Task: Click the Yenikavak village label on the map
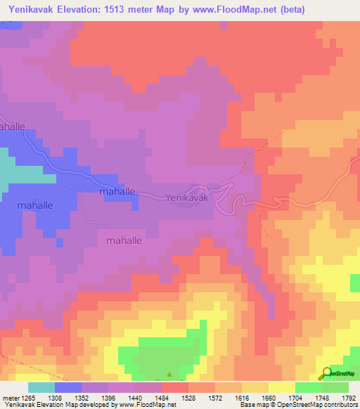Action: coord(187,199)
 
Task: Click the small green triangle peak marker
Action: coord(169,374)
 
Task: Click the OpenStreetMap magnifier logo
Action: coord(326,374)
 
